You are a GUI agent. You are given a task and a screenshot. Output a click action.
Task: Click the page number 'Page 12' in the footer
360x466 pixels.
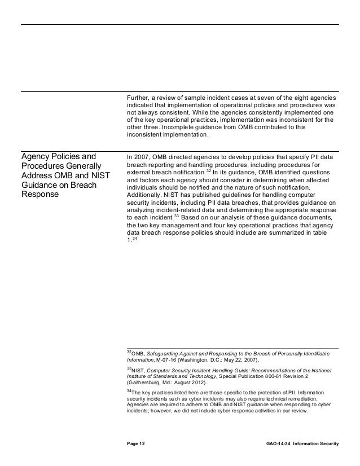(136, 445)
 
